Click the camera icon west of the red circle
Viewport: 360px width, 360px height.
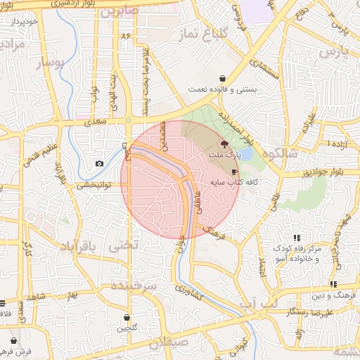point(99,164)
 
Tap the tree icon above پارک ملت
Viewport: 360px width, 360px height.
point(224,143)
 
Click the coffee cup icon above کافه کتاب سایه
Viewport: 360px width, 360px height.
point(234,172)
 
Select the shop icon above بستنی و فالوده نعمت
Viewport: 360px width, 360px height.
point(223,78)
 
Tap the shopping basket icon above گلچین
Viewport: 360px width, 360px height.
point(127,317)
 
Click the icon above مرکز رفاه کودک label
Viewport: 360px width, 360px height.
point(297,238)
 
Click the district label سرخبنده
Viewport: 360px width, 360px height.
point(141,288)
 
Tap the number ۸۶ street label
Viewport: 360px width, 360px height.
point(126,34)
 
